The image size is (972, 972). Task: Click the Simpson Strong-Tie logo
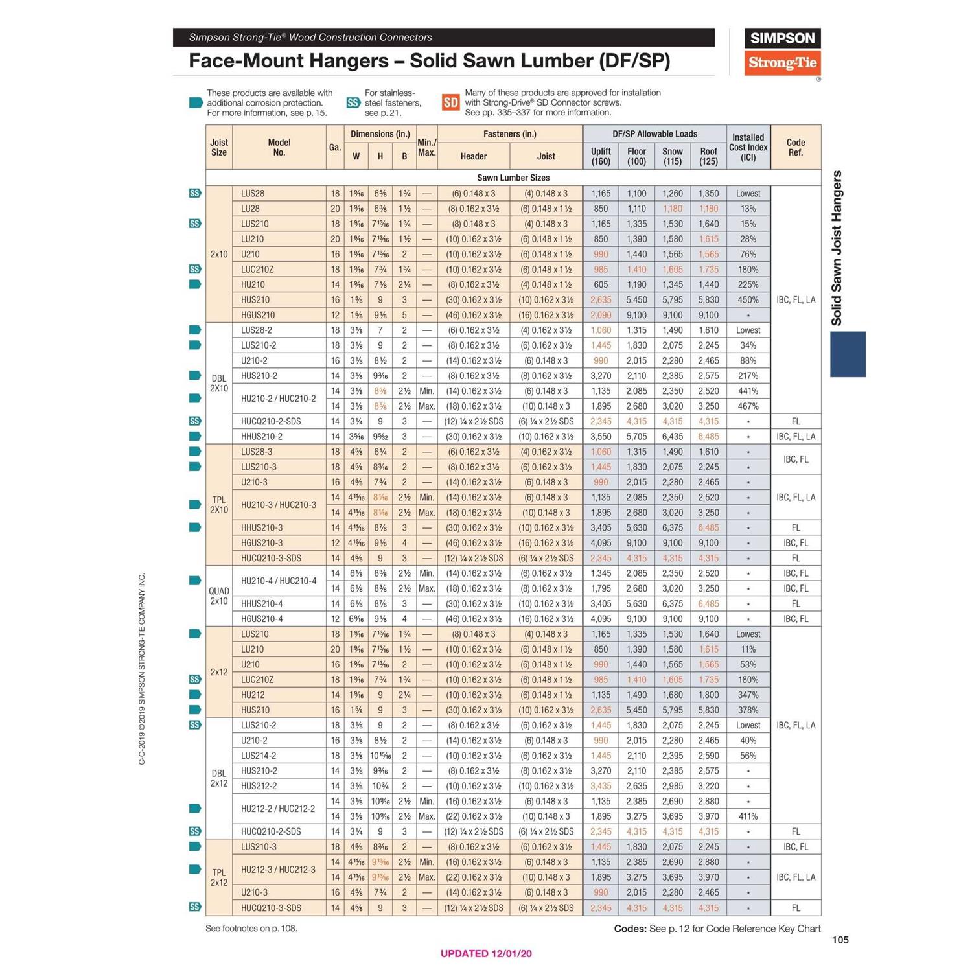782,52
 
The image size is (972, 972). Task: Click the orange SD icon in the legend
451,102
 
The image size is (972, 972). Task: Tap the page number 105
840,940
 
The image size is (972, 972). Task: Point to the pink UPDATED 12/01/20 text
486,953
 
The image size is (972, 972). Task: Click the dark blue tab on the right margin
848,354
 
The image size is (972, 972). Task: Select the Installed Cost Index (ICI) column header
748,147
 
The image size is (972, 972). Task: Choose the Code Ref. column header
795,147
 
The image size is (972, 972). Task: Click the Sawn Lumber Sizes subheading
513,178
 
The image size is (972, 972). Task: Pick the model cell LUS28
253,193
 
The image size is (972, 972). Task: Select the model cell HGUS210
258,315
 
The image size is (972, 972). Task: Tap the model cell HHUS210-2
262,436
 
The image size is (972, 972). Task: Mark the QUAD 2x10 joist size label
219,596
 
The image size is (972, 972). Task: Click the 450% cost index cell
748,300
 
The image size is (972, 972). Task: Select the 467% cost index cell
748,406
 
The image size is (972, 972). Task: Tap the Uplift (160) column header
601,156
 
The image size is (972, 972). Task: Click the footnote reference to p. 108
251,928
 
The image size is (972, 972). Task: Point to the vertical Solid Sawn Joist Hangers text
837,248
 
